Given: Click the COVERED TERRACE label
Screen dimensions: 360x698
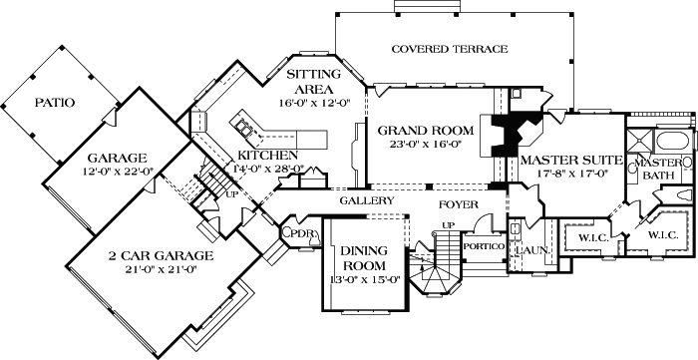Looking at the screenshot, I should (450, 49).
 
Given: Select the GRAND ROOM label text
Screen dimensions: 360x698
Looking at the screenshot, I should (418, 131).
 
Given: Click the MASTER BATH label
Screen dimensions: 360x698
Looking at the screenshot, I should (658, 169).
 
